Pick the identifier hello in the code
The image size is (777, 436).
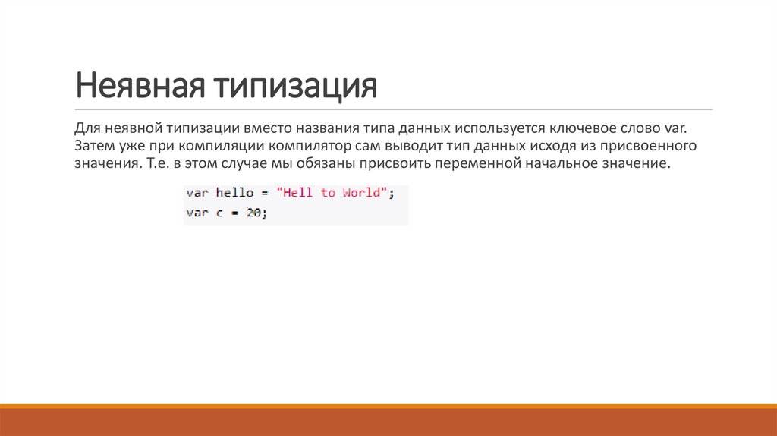tap(234, 193)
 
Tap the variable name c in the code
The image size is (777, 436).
tap(219, 213)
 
